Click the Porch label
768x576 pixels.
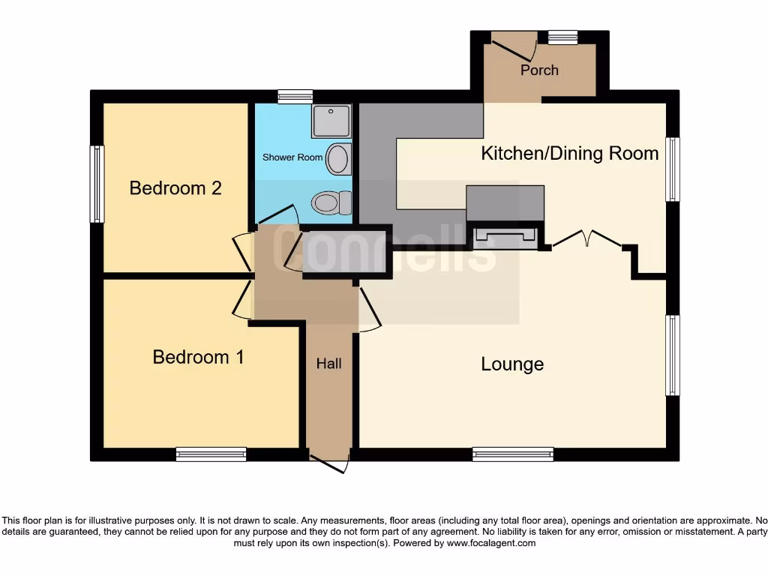[x=539, y=70]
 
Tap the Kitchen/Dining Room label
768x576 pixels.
[x=569, y=154]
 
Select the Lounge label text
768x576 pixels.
[x=512, y=364]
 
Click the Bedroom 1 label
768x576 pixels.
[x=198, y=357]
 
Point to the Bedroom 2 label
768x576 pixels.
[x=175, y=187]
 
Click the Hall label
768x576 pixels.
[x=328, y=364]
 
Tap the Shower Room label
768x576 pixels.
[x=292, y=157]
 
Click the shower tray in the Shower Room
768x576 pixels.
[x=330, y=121]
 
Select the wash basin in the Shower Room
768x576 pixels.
[x=339, y=159]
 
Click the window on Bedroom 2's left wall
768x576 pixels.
[x=97, y=184]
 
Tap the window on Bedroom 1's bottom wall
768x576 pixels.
[x=211, y=454]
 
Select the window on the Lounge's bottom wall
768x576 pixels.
[x=513, y=454]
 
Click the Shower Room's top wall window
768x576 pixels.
[x=295, y=96]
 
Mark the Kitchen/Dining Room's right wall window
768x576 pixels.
[x=673, y=169]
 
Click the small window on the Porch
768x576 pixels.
[x=562, y=37]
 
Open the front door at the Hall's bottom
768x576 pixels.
[x=330, y=463]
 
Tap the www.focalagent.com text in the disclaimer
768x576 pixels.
[x=491, y=543]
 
